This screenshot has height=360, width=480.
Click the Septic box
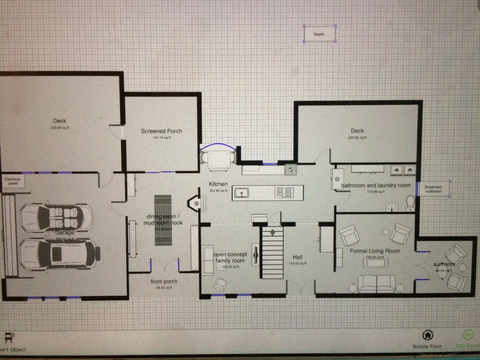[x=320, y=34]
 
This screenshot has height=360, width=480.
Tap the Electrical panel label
[x=12, y=181]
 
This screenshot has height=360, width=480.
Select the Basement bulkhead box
[x=433, y=189]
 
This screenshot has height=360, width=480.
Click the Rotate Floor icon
[x=427, y=335]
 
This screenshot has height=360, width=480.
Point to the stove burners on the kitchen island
[x=284, y=193]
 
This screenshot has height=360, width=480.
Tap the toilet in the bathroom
[x=410, y=201]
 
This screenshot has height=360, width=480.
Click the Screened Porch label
[x=161, y=131]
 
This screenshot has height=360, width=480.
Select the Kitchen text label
[x=218, y=184]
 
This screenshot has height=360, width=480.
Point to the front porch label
[x=164, y=281]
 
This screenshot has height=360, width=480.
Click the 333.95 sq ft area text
[x=60, y=128]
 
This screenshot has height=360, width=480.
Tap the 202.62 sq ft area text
[x=357, y=138]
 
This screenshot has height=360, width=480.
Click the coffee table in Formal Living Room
[x=376, y=262]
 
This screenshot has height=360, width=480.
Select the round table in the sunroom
[x=442, y=273]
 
